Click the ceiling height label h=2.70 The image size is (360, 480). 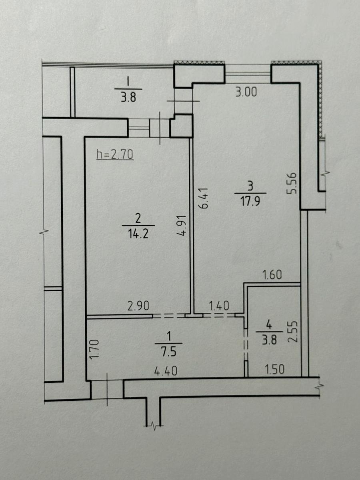point(115,155)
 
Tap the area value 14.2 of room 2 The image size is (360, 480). point(138,234)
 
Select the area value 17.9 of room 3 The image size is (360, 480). point(250,201)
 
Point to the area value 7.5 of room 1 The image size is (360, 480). point(168,352)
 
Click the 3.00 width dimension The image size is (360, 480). point(246,92)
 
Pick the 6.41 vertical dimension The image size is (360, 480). point(204,198)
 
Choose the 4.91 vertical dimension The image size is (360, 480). point(182,226)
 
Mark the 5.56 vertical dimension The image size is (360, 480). point(292,184)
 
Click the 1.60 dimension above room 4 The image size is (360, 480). point(272,275)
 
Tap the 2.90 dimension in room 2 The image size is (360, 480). point(138,306)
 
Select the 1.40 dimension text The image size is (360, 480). point(219,306)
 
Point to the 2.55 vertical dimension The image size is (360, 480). point(293,332)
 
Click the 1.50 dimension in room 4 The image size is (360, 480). point(274,369)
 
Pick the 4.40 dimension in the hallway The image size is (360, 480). point(166,371)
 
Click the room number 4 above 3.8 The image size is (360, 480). point(269,325)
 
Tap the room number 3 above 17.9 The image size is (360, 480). point(250,186)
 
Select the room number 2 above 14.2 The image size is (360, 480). point(138,218)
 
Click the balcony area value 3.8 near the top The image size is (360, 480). point(128,97)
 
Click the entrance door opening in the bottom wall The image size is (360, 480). point(107,389)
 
